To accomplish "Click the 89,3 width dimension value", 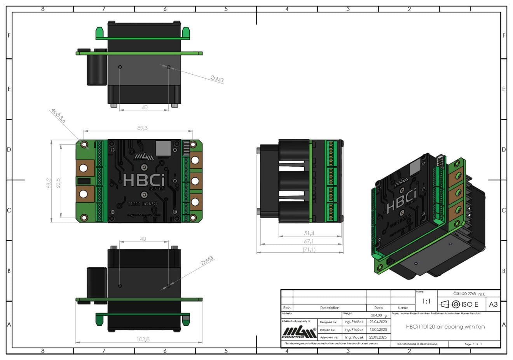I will (143, 128).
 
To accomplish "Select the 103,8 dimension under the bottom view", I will (143, 339).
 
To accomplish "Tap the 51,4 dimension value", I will (309, 233).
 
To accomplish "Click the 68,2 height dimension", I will (49, 183).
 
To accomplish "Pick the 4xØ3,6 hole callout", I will (58, 116).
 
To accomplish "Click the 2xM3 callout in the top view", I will (217, 79).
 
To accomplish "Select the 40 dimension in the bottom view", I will (143, 239).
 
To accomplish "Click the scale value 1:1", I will (426, 301).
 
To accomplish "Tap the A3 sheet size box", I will (493, 304).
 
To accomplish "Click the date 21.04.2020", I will (378, 322).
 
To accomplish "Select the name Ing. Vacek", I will (354, 337).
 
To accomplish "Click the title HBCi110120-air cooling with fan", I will (445, 327).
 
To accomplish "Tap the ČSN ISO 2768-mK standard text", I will (469, 294).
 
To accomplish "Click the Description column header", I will (330, 308).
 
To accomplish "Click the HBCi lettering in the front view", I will (144, 180).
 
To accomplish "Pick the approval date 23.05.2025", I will (378, 337).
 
